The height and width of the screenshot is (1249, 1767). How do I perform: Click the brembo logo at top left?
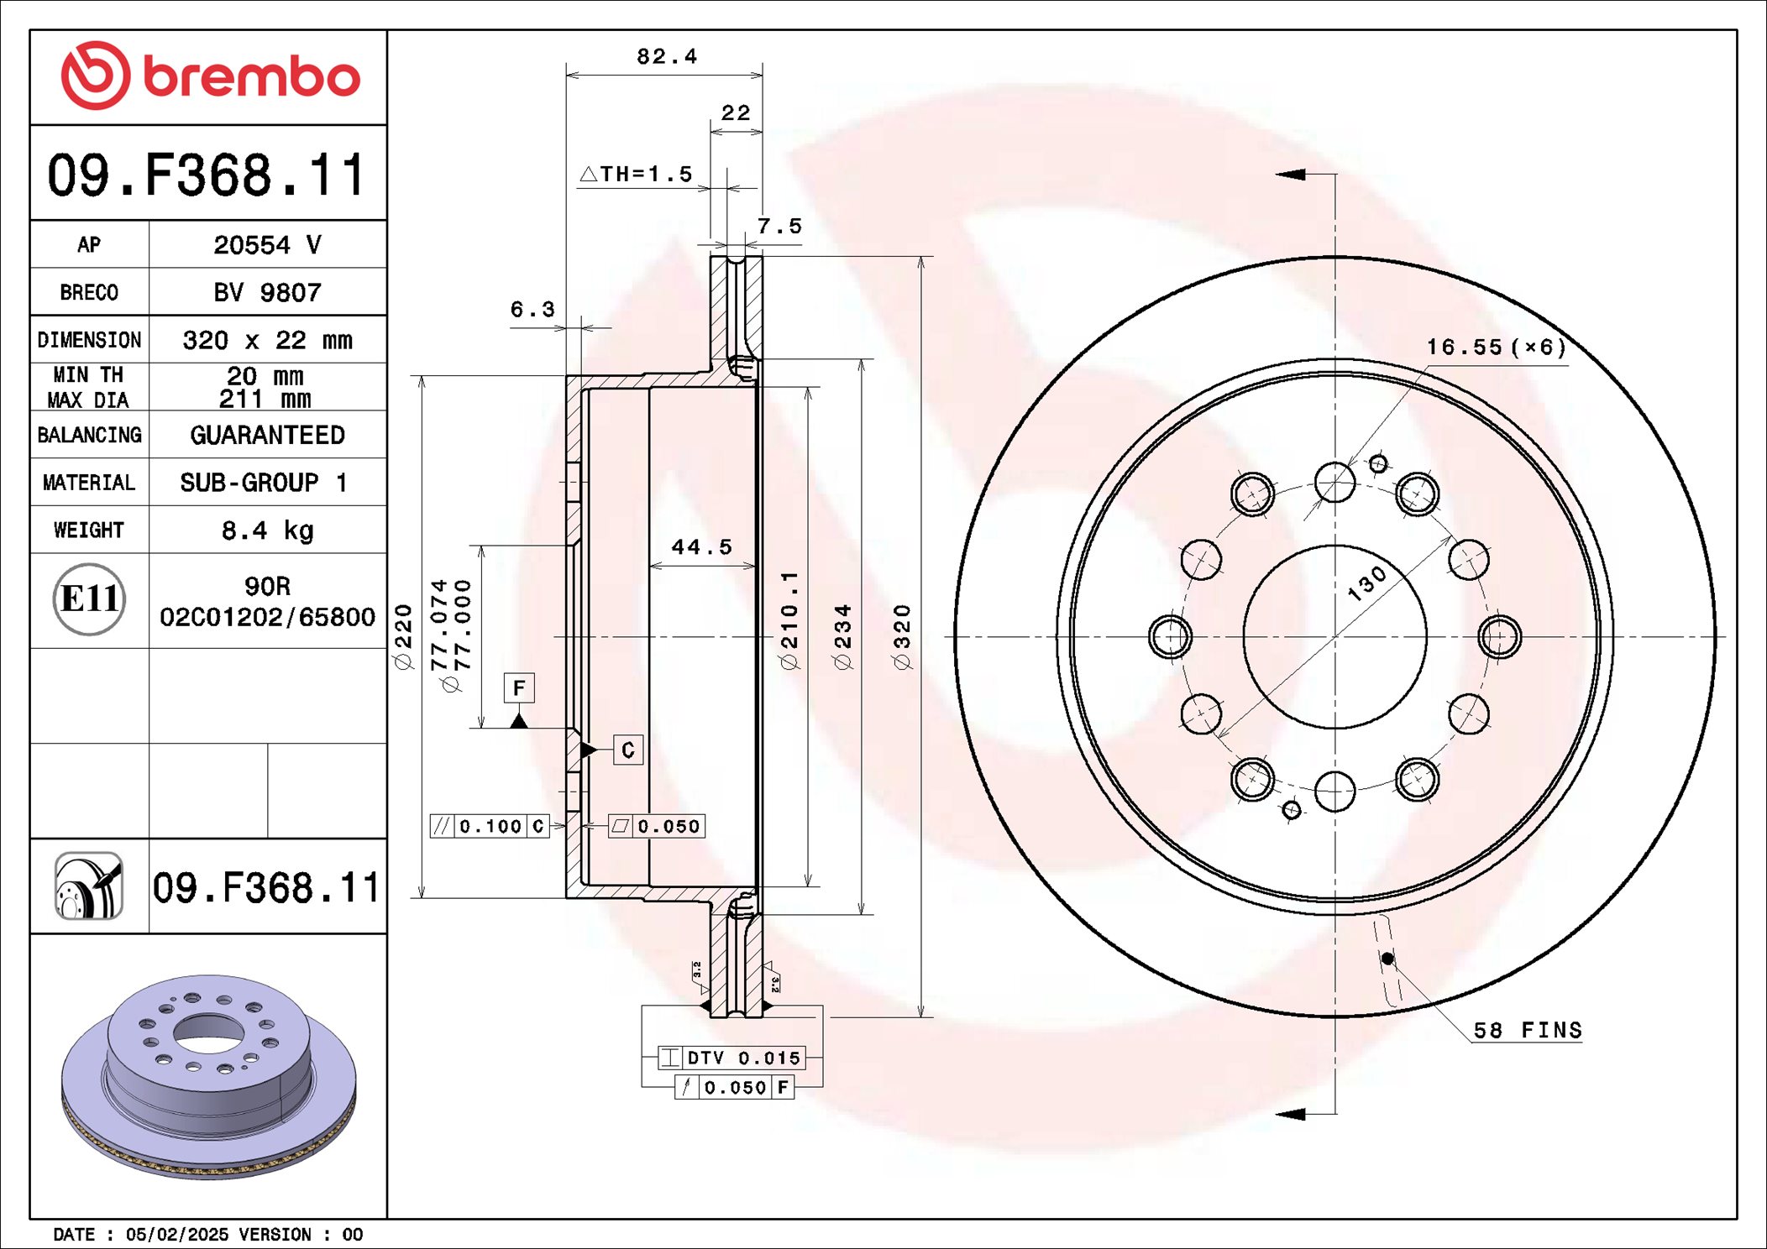(x=210, y=76)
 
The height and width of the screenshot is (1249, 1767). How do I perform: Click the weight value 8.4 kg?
(x=267, y=530)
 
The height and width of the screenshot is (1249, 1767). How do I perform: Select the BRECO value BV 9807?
(x=267, y=292)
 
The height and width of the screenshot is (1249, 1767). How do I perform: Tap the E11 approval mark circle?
(x=89, y=598)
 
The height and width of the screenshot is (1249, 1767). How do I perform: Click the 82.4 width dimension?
(x=667, y=56)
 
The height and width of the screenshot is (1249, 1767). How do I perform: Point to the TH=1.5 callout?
(x=637, y=174)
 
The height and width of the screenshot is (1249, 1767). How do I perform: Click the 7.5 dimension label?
(x=779, y=226)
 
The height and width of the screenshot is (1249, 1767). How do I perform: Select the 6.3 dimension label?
(x=532, y=309)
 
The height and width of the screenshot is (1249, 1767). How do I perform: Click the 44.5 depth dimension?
(x=702, y=547)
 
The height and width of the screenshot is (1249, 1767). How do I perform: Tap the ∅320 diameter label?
(x=902, y=636)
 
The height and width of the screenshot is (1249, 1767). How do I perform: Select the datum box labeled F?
(x=519, y=688)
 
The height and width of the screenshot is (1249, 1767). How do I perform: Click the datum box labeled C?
(x=628, y=750)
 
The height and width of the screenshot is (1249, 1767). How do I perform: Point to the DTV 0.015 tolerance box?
(x=732, y=1058)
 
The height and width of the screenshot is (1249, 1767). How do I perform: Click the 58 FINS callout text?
(x=1527, y=1030)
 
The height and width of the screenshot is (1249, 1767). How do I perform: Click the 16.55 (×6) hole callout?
(x=1496, y=347)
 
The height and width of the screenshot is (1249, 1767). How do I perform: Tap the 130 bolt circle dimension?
(x=1366, y=583)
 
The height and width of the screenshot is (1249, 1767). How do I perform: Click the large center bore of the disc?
(x=1334, y=636)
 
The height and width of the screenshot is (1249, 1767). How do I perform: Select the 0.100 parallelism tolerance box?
(x=490, y=826)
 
